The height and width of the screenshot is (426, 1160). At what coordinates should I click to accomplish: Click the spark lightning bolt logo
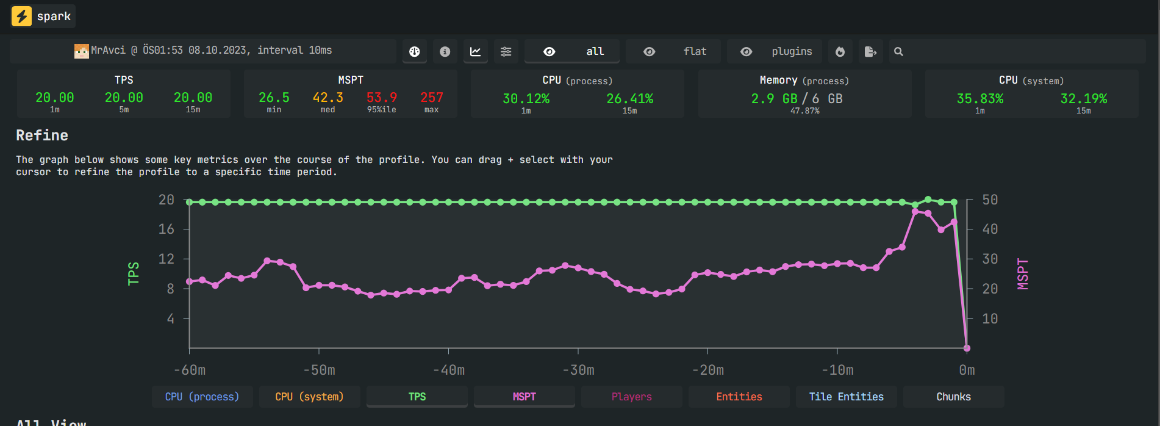coord(22,16)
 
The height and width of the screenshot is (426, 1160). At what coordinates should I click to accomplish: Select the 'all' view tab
coord(572,51)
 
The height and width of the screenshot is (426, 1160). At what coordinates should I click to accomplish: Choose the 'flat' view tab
coord(673,51)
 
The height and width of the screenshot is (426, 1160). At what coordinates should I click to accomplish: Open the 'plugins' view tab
coord(775,51)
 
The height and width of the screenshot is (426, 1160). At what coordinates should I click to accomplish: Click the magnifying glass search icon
coord(898,52)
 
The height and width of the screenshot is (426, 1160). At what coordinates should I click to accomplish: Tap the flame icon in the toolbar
coord(840,52)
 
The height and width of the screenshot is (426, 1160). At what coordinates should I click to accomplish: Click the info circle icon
coord(445,52)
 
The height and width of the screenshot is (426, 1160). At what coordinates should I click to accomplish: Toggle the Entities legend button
coord(739,397)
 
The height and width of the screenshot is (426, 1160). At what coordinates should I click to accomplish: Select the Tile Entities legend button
coord(847,397)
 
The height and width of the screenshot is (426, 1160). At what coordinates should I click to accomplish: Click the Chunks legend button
coord(954,397)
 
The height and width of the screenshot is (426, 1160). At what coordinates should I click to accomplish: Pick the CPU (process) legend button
coord(202,397)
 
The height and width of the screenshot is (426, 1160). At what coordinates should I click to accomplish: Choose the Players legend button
coord(632,397)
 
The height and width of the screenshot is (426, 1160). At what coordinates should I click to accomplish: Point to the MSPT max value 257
coord(432,98)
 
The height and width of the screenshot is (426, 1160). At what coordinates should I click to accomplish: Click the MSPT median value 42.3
coord(328,98)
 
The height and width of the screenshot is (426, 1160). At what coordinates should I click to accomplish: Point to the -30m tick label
coord(578,370)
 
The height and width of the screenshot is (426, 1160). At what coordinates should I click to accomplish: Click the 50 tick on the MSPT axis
coord(990,200)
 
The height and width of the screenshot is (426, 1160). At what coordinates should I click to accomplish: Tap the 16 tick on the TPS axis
coord(166,229)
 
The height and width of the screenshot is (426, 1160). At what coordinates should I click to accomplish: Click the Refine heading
coord(42,135)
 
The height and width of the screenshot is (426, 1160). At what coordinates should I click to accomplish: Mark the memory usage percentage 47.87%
coord(805,111)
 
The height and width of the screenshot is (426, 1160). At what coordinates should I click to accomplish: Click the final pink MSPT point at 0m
coord(967,348)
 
